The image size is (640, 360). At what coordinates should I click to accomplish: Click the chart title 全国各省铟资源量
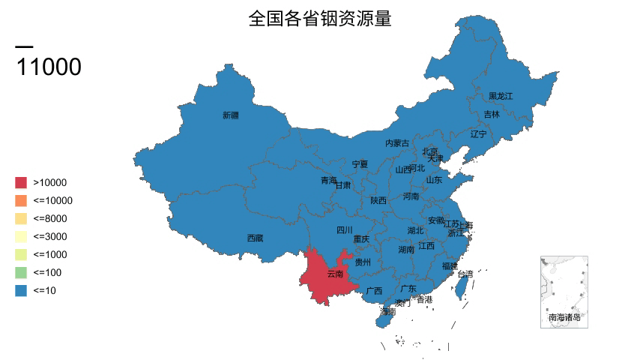(x=320, y=19)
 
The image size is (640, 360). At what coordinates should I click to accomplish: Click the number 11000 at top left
(x=49, y=67)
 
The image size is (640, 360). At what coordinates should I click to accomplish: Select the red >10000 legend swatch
(x=21, y=182)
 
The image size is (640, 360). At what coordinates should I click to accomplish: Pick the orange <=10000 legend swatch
(x=21, y=200)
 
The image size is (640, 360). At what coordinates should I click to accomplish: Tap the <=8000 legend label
(x=50, y=218)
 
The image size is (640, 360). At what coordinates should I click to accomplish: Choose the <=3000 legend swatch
(x=21, y=236)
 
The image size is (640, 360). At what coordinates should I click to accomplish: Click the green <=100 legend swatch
(x=21, y=272)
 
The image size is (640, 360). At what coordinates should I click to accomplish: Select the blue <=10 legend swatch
(x=21, y=290)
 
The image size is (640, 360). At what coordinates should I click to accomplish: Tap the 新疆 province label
(x=231, y=115)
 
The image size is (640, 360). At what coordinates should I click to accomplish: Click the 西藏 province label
(x=255, y=238)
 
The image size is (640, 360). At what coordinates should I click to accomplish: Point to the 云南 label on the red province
(x=335, y=274)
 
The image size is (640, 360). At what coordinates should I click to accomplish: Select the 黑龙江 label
(x=501, y=96)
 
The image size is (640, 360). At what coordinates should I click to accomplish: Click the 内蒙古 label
(x=397, y=143)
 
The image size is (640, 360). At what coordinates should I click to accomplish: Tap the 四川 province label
(x=344, y=230)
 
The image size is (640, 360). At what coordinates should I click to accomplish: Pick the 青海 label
(x=329, y=180)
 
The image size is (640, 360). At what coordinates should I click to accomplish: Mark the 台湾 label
(x=465, y=274)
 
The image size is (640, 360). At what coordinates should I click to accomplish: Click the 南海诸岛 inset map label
(x=564, y=317)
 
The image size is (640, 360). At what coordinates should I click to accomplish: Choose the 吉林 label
(x=491, y=115)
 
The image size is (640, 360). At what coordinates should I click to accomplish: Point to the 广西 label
(x=374, y=291)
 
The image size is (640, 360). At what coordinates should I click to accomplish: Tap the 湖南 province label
(x=406, y=249)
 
